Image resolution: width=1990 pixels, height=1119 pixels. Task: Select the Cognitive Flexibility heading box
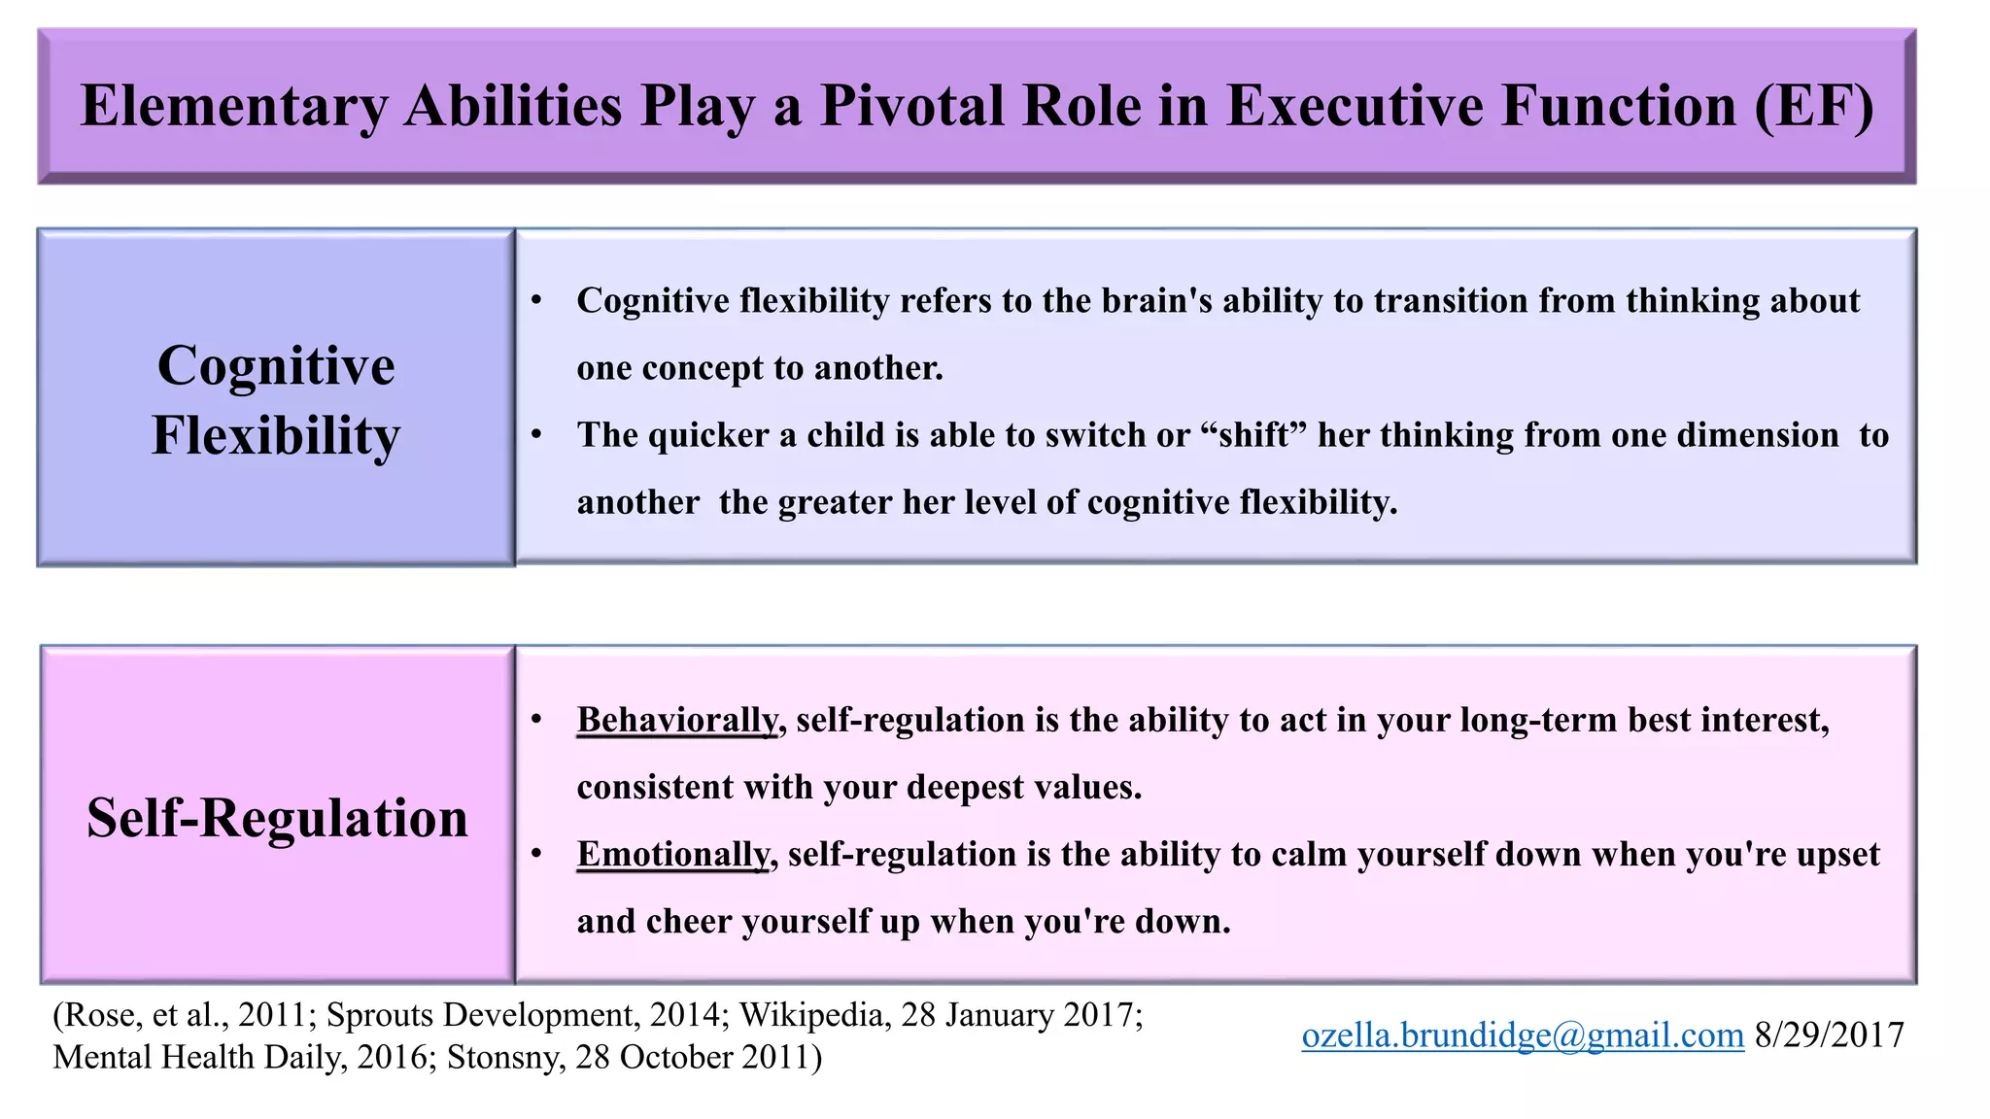(x=276, y=398)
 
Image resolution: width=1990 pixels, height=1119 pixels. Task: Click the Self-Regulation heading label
(x=277, y=817)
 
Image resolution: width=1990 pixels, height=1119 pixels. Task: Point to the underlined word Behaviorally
(x=677, y=720)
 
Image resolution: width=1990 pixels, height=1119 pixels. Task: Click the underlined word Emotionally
(x=672, y=854)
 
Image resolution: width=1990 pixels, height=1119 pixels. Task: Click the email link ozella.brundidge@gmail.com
(x=1522, y=1035)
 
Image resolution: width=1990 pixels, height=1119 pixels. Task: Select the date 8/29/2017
(x=1829, y=1035)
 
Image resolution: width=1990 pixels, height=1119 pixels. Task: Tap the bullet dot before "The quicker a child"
(x=536, y=435)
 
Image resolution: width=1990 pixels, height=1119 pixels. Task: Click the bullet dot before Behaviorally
(x=536, y=720)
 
